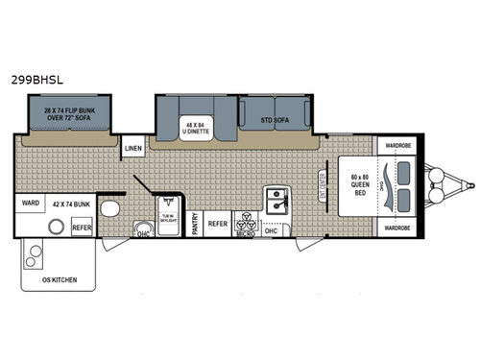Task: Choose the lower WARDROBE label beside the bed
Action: (x=398, y=228)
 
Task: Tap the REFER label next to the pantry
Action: (x=218, y=223)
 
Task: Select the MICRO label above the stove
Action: (x=245, y=231)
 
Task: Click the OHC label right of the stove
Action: (x=271, y=229)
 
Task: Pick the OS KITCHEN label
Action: (x=59, y=279)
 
